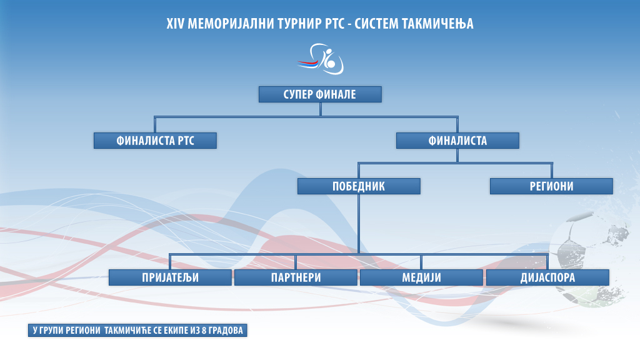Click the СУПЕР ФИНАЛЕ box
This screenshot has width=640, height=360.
320,94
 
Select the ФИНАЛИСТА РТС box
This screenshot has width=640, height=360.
155,141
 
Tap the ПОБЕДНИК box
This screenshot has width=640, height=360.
359,186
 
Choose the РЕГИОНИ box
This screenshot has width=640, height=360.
551,186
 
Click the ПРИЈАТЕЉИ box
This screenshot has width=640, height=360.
170,277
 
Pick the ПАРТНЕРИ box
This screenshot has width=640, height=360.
296,277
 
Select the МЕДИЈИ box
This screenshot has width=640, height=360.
422,277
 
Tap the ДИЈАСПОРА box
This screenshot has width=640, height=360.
547,277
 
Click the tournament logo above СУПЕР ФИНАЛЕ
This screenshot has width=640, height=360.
321,59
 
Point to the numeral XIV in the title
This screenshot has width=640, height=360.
176,24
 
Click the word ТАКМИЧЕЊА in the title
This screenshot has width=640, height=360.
437,24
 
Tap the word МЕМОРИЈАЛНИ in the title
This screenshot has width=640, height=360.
231,24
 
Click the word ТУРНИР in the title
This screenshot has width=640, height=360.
299,24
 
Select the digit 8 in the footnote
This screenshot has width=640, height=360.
204,330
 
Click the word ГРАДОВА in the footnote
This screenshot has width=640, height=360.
226,330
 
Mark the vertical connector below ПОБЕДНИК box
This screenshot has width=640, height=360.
359,224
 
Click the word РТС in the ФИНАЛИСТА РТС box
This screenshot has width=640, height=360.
186,141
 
